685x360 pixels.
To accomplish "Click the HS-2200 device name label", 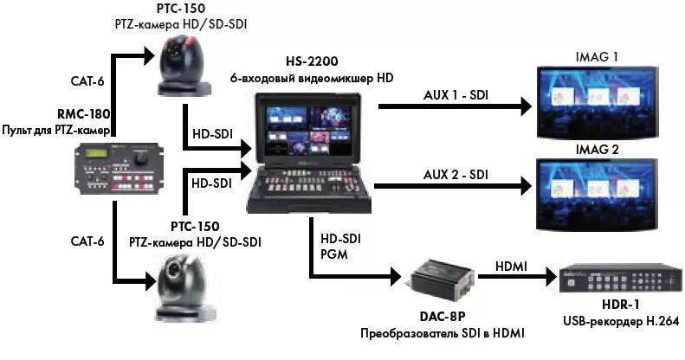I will coord(311,61).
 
